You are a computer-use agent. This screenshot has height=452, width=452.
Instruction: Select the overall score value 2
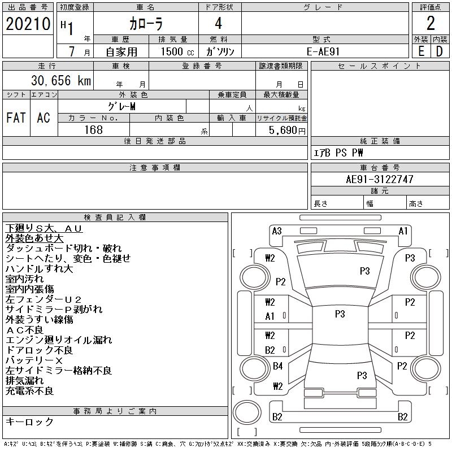431,24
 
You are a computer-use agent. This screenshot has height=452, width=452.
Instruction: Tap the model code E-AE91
325,51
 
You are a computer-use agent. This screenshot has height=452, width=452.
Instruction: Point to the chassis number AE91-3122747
380,179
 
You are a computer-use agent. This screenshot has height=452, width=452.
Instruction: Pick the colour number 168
93,130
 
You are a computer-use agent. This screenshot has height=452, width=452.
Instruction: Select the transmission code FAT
16,118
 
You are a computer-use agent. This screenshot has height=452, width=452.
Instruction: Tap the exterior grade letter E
421,51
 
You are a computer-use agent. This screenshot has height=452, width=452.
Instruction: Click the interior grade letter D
439,51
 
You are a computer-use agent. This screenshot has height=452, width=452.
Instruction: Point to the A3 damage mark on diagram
277,231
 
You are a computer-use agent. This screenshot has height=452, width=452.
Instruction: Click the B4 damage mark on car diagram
277,366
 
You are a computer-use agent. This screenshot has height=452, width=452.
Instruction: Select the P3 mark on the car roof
340,314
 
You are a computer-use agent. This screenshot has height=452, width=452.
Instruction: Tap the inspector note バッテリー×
34,360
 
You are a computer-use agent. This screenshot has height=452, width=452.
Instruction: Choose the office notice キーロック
29,421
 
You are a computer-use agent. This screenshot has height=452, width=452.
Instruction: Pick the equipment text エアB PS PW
338,153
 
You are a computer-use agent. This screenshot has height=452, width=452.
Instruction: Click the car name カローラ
145,24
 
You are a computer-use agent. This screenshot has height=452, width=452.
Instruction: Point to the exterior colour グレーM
121,106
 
